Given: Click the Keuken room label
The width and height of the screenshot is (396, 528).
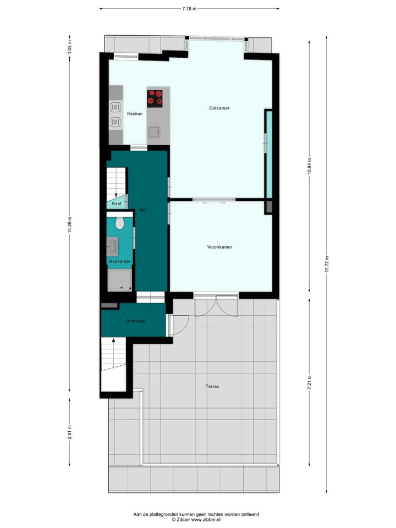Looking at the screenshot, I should click(135, 114).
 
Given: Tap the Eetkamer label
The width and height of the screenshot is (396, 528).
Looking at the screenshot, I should click(219, 108).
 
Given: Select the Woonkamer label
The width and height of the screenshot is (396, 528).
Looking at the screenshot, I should click(219, 247).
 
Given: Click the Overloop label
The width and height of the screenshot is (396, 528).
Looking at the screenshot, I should click(135, 321).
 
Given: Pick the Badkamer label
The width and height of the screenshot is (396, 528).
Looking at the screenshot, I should click(119, 261).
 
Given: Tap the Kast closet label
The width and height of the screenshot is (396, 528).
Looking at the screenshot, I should click(117, 204).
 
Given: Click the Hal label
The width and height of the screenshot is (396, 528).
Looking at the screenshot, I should click(143, 210).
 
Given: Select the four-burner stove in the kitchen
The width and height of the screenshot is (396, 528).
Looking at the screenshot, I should click(156, 98).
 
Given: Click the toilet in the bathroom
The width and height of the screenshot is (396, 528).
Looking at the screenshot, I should click(120, 223).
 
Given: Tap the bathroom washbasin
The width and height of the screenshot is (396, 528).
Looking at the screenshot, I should click(114, 244).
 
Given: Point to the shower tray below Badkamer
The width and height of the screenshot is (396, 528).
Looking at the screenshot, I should click(119, 280).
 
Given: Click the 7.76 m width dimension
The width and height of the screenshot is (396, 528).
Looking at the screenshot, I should click(189, 9).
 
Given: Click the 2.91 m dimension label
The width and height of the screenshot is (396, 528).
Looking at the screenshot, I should click(69, 433).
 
